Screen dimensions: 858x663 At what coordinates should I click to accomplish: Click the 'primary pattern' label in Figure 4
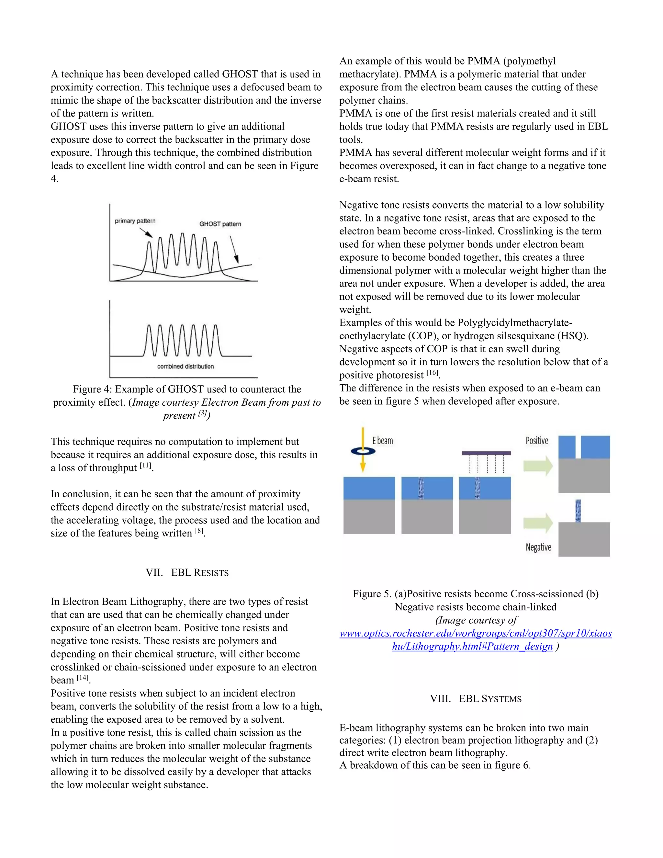135,221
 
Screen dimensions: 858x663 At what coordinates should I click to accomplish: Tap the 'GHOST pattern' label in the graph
220,224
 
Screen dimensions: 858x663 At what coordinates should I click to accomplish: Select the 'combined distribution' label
185,367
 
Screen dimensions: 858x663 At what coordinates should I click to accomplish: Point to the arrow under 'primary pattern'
146,232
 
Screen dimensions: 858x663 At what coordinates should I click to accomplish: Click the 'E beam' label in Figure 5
383,441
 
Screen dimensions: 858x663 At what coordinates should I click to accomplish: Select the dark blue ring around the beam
363,451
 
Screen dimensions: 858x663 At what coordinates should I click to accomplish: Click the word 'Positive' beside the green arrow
536,441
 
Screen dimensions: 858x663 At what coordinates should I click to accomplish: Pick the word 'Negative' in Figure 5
538,547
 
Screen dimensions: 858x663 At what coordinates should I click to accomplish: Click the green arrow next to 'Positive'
538,466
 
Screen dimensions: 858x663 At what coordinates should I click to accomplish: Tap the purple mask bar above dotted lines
486,453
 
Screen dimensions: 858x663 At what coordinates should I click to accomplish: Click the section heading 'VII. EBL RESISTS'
187,573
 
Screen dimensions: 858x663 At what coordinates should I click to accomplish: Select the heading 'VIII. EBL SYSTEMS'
476,699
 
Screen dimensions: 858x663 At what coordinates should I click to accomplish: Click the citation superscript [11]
145,466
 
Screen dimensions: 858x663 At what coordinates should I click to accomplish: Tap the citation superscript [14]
83,678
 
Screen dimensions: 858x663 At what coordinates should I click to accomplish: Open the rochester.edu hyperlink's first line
475,633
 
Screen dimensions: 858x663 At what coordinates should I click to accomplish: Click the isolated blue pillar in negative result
578,511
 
